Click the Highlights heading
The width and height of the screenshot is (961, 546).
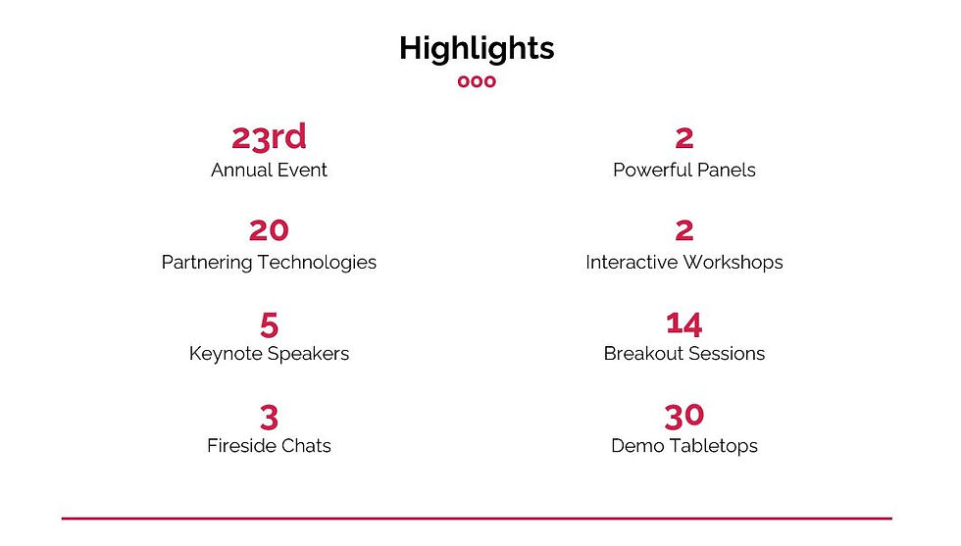tap(477, 49)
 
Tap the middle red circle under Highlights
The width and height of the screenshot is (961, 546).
tap(477, 81)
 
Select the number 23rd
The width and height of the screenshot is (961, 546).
tap(269, 137)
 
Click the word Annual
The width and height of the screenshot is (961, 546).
tap(239, 170)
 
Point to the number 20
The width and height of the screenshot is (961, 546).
tap(269, 230)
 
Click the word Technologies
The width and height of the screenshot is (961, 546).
tap(317, 263)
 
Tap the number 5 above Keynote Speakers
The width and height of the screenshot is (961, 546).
tap(269, 324)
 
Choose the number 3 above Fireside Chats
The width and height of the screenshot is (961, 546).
tap(269, 418)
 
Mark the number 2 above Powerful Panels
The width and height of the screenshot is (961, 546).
tap(684, 138)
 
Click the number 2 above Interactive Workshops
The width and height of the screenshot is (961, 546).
tap(684, 230)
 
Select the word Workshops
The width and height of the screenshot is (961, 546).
tap(733, 263)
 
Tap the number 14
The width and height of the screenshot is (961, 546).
tap(684, 324)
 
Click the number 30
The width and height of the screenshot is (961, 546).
tap(684, 417)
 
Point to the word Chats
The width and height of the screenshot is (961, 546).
tap(308, 445)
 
